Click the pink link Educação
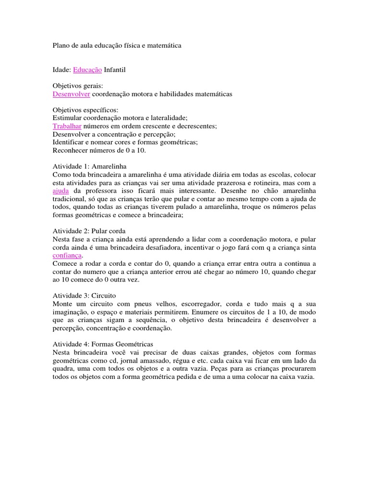(x=87, y=70)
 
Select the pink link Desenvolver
(x=71, y=94)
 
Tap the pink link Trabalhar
(x=67, y=126)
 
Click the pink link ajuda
(x=61, y=191)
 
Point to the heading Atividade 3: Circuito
(x=84, y=296)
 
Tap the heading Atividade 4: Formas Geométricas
(x=102, y=344)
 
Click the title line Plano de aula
(x=117, y=46)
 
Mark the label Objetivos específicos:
(x=82, y=110)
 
